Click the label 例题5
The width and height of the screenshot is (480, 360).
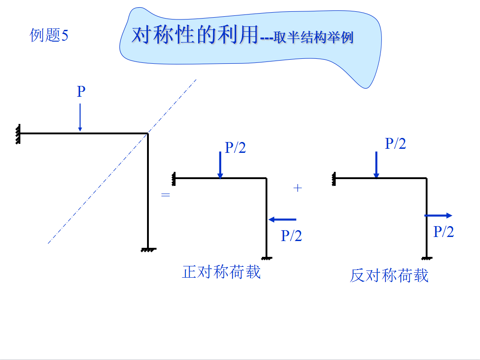point(49,35)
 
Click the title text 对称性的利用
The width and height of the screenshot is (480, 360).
point(195,35)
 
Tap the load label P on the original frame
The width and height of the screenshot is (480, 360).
point(81,92)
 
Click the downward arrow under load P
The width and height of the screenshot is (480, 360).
point(80,117)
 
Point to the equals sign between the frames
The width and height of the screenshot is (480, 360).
point(166,195)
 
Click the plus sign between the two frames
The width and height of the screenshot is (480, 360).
point(297,188)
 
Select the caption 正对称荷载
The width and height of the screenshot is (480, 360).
point(221,272)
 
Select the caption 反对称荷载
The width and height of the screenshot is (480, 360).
point(389,275)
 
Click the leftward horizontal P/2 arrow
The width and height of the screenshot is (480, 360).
point(283,220)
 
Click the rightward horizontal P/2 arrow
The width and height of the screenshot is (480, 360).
point(438,216)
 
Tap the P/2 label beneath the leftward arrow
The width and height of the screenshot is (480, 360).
point(291,236)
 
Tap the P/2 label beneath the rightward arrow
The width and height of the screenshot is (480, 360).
point(443,232)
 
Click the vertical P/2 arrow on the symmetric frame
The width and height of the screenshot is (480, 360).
point(220,165)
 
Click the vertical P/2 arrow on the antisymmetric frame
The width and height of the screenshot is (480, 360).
point(376,165)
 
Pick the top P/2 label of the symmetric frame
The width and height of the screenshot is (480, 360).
point(235,147)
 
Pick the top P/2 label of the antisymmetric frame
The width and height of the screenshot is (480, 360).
point(395,144)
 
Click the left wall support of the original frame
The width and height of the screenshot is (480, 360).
point(18,134)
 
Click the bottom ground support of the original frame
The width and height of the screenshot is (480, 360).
point(148,249)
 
